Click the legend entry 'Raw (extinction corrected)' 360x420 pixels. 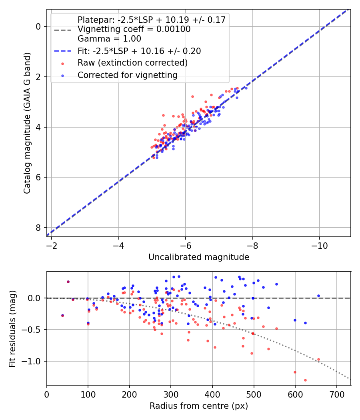(132, 63)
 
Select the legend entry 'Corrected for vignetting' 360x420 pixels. (127, 75)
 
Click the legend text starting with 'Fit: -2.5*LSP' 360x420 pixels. (139, 51)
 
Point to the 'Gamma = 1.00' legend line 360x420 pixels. (109, 39)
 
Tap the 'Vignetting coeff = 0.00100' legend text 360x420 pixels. (134, 29)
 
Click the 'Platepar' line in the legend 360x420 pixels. (152, 20)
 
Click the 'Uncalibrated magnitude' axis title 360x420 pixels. (199, 257)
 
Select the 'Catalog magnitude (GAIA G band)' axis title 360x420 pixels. (27, 123)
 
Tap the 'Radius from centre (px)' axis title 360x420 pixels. (199, 406)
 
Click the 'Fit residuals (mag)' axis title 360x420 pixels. (13, 328)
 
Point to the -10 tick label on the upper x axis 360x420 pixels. (319, 246)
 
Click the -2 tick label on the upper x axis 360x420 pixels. (52, 246)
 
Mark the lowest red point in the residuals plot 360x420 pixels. (305, 380)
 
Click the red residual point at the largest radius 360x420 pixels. (318, 359)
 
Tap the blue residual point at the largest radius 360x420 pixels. (318, 296)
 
